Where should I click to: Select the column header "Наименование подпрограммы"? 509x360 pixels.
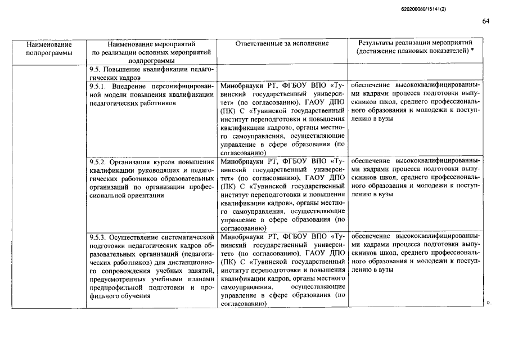(49, 48)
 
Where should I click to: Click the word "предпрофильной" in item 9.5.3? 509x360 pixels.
(115, 287)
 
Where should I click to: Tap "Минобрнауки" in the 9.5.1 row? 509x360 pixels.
(243, 87)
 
